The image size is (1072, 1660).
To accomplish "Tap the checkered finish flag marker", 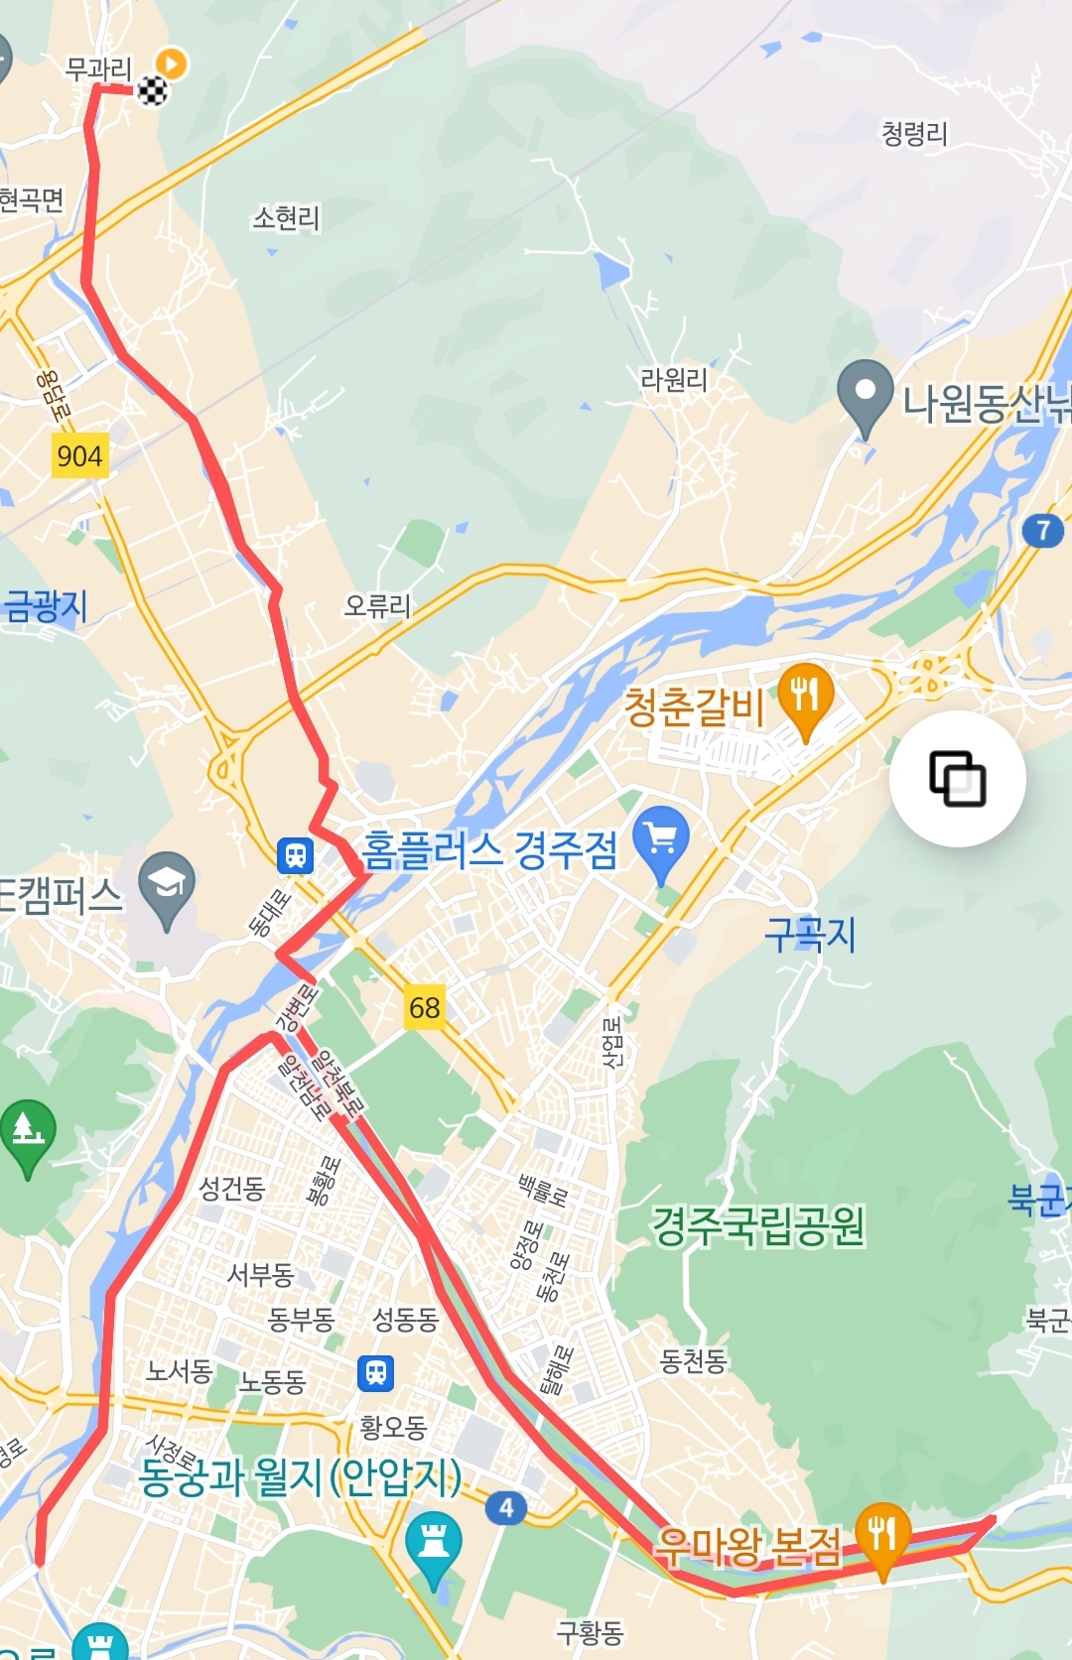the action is [152, 91].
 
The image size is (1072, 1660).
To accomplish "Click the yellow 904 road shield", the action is [79, 456].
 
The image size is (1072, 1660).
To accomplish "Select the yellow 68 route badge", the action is [424, 1008].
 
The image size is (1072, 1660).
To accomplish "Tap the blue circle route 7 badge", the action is [1042, 531].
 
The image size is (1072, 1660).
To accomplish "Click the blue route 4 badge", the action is [506, 1508].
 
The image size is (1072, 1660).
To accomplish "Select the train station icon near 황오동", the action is [375, 1373].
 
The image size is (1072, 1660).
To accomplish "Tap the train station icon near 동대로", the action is [296, 854].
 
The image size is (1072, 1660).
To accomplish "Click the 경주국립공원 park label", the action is [758, 1226].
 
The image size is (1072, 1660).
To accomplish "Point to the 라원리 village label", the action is [674, 380].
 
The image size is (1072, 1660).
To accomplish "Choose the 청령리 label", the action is [914, 134].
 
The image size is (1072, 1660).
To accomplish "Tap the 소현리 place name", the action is [286, 218].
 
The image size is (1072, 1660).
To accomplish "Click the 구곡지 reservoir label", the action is [810, 935].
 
